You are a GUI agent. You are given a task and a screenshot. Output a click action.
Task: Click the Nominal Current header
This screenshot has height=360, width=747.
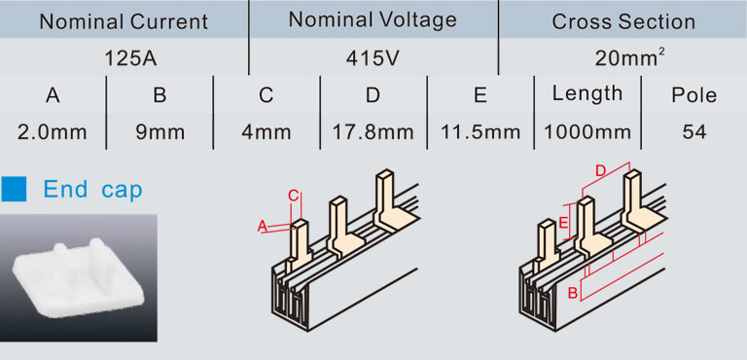coord(124,22)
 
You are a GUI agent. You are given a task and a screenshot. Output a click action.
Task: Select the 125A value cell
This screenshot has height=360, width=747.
coord(131,59)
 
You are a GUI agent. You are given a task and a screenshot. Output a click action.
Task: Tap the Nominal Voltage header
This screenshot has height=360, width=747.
coord(373,20)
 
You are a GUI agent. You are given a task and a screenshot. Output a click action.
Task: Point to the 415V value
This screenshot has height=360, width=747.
coord(373,58)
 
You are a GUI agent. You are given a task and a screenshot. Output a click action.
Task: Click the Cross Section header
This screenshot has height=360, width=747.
coord(623,22)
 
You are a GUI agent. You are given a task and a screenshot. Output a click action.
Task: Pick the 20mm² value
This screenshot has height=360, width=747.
coord(630,58)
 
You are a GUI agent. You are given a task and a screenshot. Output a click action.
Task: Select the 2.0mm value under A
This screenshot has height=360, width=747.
coord(53,132)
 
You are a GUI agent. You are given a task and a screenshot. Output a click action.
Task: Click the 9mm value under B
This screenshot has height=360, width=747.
coord(160,132)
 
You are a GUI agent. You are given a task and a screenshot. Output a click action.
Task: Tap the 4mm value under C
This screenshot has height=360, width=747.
coord(266,132)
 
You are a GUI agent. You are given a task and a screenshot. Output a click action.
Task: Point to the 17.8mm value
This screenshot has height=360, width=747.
coord(373,132)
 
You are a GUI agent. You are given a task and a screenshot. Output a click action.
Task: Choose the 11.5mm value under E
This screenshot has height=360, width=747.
coord(480,132)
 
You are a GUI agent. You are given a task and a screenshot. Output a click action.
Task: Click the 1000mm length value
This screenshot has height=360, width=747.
coord(587,132)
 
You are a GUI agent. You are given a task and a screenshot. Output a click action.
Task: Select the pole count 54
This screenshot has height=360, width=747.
coord(694,132)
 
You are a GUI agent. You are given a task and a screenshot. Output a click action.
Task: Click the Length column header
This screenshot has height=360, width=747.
coord(587,94)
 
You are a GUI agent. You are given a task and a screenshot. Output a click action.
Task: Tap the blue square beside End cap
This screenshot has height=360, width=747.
coord(14,189)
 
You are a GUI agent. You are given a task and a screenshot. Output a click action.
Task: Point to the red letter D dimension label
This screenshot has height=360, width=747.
coord(601,170)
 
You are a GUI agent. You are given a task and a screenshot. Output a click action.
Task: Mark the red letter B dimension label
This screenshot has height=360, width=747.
coord(574,294)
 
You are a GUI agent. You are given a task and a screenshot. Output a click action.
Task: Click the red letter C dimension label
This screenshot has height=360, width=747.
coord(294,195)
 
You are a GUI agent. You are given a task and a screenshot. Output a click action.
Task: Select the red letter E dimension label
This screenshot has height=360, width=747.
coord(563,223)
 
